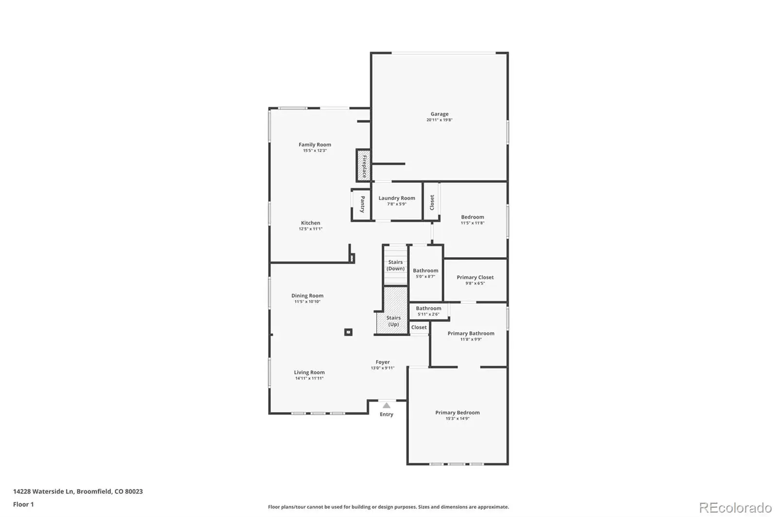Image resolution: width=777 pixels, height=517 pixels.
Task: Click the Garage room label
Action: (x=439, y=113)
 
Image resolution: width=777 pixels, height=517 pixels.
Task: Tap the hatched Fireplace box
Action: (x=364, y=165)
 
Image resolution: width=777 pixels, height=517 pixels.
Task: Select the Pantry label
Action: (x=362, y=204)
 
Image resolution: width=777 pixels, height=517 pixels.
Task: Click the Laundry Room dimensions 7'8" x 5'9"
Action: (x=397, y=204)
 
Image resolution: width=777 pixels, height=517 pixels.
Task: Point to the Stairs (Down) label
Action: (x=395, y=265)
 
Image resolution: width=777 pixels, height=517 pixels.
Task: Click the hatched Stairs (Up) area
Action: (x=392, y=310)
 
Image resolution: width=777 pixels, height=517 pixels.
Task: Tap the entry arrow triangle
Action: (x=387, y=405)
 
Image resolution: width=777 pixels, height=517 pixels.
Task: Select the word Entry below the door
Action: (x=387, y=414)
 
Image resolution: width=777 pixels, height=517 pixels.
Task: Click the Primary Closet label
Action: (x=475, y=277)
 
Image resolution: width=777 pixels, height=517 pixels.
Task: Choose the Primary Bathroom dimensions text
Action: (x=471, y=339)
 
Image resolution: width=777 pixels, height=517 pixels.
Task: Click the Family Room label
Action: (x=315, y=145)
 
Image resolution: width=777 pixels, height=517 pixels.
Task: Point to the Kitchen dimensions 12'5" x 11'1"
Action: (x=311, y=229)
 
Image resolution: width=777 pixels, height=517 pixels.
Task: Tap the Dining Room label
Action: (x=307, y=295)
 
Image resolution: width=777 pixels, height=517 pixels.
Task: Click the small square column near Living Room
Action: (x=348, y=332)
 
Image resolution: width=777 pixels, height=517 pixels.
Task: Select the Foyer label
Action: (x=383, y=362)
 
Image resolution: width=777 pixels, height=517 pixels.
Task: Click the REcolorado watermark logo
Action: (x=735, y=508)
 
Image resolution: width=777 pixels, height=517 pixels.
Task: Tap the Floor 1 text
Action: (x=23, y=504)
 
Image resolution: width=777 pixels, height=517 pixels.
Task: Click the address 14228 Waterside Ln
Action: (x=43, y=491)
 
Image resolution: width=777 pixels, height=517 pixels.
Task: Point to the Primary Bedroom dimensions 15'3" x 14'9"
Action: (x=457, y=419)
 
